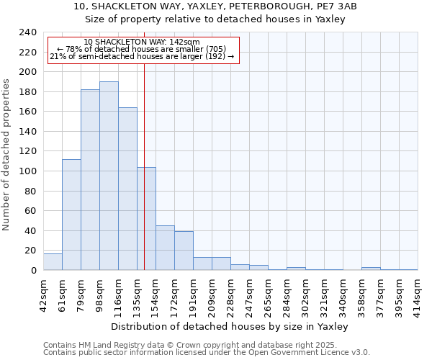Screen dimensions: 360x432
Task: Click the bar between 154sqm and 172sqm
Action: [165, 248]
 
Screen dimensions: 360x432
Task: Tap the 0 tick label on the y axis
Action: [33, 271]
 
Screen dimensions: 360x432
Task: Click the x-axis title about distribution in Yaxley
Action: [230, 327]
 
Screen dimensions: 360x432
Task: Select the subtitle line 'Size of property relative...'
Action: [216, 19]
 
